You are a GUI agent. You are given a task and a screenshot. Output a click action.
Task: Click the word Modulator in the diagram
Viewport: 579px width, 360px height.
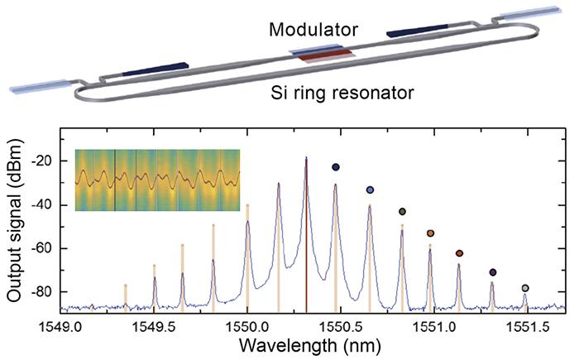click(313, 30)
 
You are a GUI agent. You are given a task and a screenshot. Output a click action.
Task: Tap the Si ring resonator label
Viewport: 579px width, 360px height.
click(342, 93)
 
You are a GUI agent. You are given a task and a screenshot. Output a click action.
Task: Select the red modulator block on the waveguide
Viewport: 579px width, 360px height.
click(327, 55)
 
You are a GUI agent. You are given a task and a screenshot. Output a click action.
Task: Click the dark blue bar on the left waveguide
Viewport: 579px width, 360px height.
click(156, 70)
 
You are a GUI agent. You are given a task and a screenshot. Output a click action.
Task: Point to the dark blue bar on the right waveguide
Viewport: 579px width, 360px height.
click(417, 31)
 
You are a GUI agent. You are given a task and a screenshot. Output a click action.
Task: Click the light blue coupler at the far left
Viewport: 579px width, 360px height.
click(38, 85)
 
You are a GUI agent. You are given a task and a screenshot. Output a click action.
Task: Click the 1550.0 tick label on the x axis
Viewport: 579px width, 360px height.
click(247, 326)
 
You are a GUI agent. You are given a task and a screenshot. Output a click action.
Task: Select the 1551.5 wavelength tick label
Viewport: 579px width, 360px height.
click(528, 326)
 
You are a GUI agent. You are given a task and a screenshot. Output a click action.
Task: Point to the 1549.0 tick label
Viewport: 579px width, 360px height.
click(60, 326)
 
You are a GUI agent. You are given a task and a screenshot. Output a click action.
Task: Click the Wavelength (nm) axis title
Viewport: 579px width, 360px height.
click(310, 346)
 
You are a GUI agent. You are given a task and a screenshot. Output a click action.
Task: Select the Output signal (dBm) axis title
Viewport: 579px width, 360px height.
click(15, 220)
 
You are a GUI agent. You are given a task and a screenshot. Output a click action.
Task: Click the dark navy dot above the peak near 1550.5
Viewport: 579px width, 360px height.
click(336, 167)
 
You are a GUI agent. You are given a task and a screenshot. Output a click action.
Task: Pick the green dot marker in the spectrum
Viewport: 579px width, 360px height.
click(403, 212)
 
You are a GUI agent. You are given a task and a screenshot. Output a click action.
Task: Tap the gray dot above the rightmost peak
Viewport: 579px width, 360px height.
click(525, 288)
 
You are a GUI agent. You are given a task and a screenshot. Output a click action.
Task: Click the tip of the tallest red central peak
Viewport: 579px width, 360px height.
click(306, 157)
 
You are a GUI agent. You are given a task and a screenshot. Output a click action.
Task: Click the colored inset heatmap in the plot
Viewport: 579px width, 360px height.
click(158, 180)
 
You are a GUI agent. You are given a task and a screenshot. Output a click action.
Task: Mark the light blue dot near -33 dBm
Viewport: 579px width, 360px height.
click(370, 190)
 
